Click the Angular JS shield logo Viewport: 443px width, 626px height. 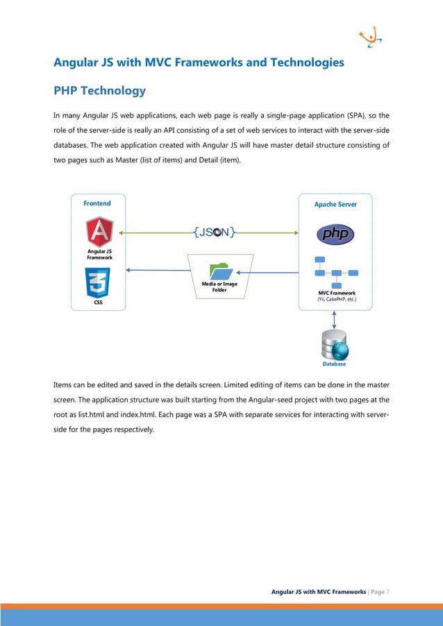click(100, 232)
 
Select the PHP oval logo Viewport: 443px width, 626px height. click(335, 234)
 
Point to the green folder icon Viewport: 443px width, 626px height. click(221, 271)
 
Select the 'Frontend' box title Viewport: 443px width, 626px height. click(97, 203)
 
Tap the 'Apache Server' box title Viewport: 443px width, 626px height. click(335, 205)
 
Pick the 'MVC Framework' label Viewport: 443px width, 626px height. click(336, 293)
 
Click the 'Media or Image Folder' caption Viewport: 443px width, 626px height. click(219, 287)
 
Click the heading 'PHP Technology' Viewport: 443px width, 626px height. click(99, 91)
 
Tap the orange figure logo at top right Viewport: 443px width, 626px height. click(369, 38)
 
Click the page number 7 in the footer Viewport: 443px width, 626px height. click(387, 591)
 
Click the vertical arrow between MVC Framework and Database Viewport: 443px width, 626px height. click(335, 319)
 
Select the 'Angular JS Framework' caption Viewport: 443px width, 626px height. click(100, 254)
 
